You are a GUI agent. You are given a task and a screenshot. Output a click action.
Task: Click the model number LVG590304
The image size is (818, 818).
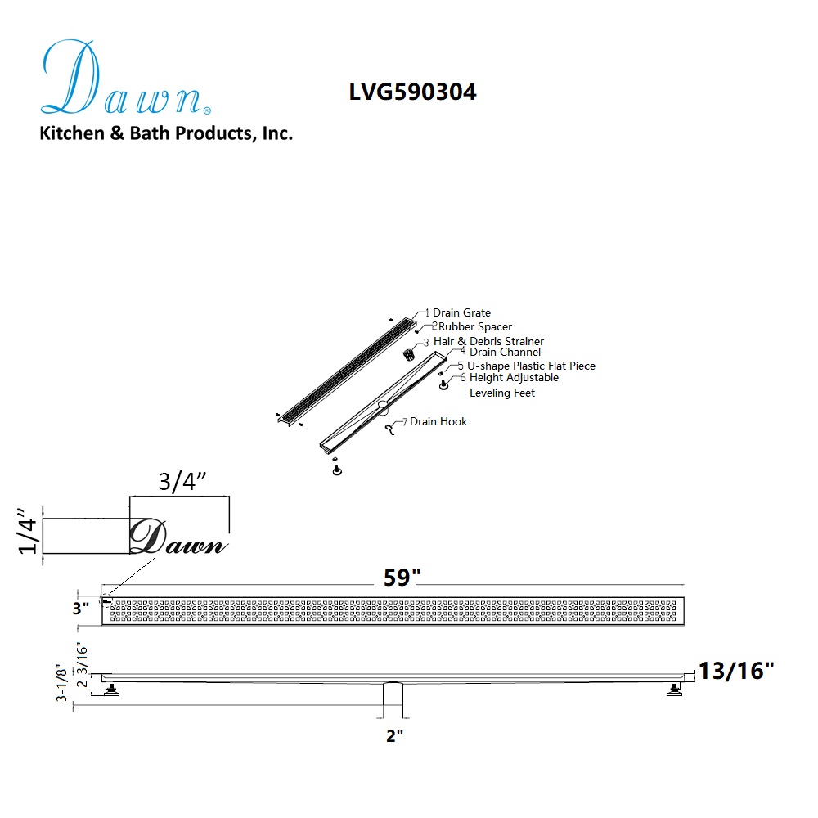click(x=412, y=92)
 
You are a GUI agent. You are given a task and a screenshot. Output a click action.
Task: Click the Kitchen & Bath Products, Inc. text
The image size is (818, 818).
click(x=166, y=133)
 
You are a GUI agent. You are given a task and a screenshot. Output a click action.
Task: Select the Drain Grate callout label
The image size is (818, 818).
click(x=461, y=312)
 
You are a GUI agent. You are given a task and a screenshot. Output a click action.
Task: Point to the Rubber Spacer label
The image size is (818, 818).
click(x=474, y=326)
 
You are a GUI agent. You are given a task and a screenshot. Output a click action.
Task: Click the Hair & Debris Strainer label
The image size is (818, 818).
click(x=488, y=341)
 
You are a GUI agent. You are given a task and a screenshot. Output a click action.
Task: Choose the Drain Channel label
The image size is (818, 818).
click(x=505, y=352)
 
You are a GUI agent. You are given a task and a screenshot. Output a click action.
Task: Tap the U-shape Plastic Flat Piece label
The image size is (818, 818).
click(x=531, y=366)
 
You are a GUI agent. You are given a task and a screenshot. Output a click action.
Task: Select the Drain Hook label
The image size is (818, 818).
click(x=438, y=421)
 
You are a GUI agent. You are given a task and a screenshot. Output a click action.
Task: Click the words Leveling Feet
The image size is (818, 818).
click(x=502, y=393)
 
